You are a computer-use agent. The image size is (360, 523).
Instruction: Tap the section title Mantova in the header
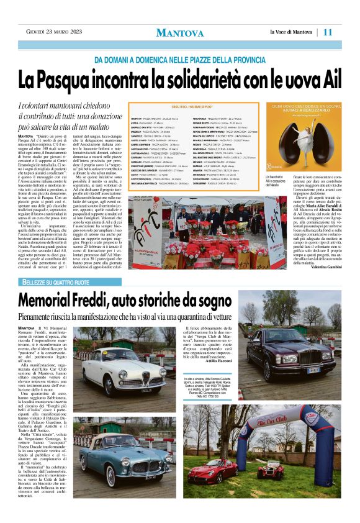pos(179,32)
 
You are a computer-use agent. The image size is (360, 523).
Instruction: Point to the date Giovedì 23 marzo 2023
pos(52,32)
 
